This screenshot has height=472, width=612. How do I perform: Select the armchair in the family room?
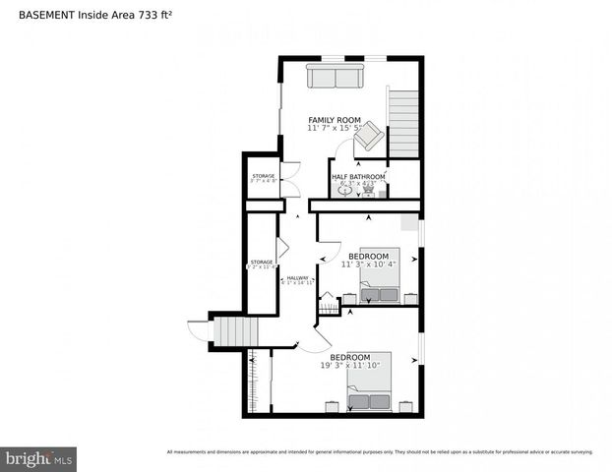tap(368, 138)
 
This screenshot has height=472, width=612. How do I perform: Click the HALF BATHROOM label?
tap(358, 176)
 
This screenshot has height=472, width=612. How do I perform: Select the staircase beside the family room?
tap(402, 122)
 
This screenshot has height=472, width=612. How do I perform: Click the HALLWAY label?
tap(297, 278)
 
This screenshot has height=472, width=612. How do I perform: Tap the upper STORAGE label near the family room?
tap(263, 176)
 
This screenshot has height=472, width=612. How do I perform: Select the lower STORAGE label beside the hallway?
tap(261, 263)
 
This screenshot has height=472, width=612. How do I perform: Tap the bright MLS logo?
tap(39, 458)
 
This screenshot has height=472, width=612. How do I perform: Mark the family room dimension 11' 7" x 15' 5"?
tap(335, 129)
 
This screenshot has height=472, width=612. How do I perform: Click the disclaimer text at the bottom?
tap(380, 452)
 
